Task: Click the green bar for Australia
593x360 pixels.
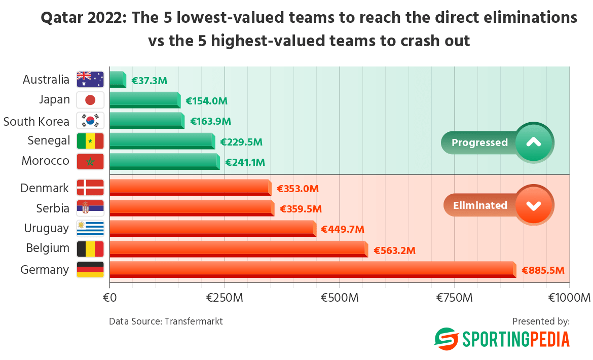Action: click(118, 80)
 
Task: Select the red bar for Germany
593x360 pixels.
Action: click(312, 269)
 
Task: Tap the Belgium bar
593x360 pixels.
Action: click(238, 248)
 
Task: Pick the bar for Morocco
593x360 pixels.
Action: click(164, 161)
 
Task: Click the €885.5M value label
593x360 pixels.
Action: click(543, 271)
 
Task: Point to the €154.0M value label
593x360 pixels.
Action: click(206, 101)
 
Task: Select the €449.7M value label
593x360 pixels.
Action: click(343, 230)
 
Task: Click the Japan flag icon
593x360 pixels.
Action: click(90, 100)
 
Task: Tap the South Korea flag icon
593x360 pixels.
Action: click(90, 121)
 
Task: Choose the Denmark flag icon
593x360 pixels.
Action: click(90, 188)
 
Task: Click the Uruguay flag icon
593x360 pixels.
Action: click(90, 228)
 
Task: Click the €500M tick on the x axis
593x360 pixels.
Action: click(340, 298)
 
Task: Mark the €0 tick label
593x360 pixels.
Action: click(110, 298)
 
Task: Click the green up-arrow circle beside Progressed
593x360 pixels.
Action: click(534, 142)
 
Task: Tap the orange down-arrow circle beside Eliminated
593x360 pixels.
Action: click(534, 205)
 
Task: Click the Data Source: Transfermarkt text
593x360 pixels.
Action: click(166, 321)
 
